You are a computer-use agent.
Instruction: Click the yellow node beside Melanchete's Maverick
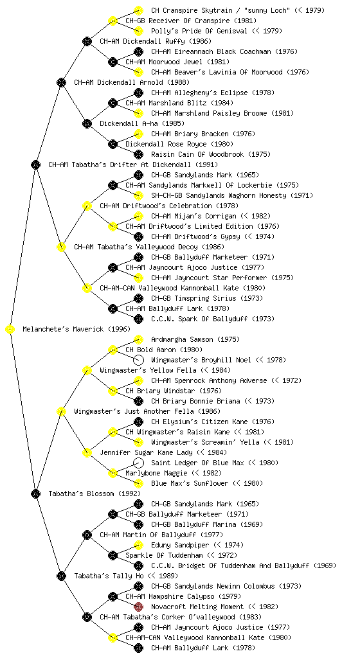(x=10, y=330)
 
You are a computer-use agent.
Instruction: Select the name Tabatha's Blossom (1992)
(x=94, y=493)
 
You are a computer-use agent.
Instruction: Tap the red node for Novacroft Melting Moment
(x=138, y=607)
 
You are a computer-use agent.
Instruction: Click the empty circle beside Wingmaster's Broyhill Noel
(x=138, y=360)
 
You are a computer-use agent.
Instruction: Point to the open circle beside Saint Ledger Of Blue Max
(x=138, y=463)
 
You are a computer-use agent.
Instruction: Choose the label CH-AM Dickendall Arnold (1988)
(x=132, y=82)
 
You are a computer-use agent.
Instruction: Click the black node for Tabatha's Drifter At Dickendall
(x=35, y=165)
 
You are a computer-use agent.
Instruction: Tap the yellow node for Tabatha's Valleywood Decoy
(x=61, y=247)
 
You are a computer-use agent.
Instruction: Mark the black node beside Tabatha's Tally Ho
(x=61, y=576)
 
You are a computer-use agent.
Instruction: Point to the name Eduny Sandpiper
(x=179, y=545)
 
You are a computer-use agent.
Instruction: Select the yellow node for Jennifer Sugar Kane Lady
(x=87, y=452)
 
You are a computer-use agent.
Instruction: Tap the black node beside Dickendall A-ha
(x=87, y=124)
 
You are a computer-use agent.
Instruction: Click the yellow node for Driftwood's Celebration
(x=87, y=206)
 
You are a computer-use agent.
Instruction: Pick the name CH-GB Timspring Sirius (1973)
(x=207, y=298)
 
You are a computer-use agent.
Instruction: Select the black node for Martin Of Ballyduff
(x=87, y=535)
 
